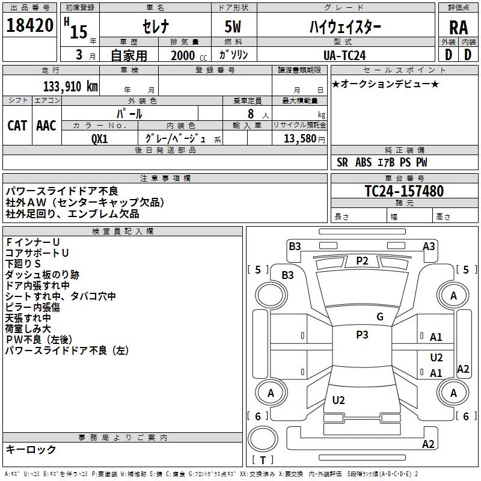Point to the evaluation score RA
click(458, 28)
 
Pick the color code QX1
click(100, 139)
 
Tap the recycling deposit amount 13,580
click(298, 139)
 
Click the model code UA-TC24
click(344, 55)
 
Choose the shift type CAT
click(17, 125)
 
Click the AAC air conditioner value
click(46, 125)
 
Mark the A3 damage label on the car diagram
click(429, 246)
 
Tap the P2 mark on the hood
click(362, 260)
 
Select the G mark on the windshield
click(380, 317)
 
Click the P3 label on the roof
click(362, 335)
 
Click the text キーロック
click(31, 449)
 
